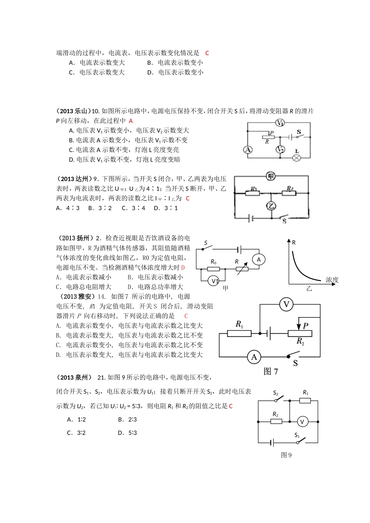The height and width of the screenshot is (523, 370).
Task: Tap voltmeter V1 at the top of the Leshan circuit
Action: (x=280, y=123)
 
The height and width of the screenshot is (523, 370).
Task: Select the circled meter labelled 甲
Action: (x=271, y=177)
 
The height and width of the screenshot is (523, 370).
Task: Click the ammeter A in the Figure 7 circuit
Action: (x=254, y=357)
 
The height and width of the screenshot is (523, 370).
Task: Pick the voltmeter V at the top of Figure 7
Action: (x=287, y=304)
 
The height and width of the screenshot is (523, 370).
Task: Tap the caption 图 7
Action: (x=271, y=372)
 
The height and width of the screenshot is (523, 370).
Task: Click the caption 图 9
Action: (x=286, y=455)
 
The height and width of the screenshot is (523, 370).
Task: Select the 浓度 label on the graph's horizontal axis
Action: (x=332, y=280)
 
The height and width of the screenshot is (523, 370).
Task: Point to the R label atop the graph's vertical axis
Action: (x=294, y=242)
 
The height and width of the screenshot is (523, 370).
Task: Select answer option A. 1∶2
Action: (x=76, y=419)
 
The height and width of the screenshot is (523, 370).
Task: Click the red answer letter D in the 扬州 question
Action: (x=183, y=268)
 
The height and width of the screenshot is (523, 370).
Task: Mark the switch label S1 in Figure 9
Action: (x=297, y=435)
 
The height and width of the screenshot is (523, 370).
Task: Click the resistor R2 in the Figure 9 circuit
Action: (x=276, y=421)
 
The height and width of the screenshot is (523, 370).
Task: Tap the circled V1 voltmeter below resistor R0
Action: (x=214, y=281)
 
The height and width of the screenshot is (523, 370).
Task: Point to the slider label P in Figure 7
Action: (x=305, y=326)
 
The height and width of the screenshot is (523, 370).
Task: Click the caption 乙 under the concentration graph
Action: (x=309, y=289)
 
